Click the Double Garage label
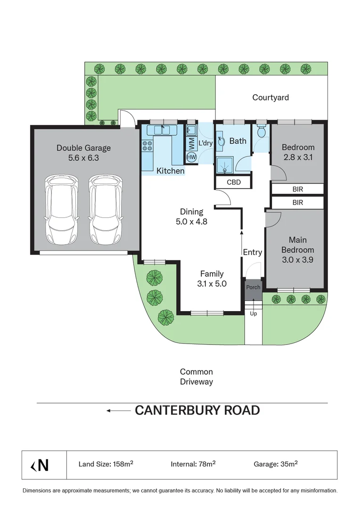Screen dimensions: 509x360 click(x=83, y=148)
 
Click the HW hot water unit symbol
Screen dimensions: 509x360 click(x=191, y=157)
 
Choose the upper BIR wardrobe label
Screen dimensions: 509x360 click(x=297, y=189)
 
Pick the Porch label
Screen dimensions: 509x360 click(x=253, y=287)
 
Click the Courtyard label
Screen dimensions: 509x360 click(x=270, y=98)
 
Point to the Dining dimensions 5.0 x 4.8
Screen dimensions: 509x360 click(x=191, y=222)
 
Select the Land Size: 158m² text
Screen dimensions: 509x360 click(x=106, y=464)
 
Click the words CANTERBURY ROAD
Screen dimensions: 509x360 click(x=197, y=410)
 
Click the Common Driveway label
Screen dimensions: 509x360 click(x=196, y=377)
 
